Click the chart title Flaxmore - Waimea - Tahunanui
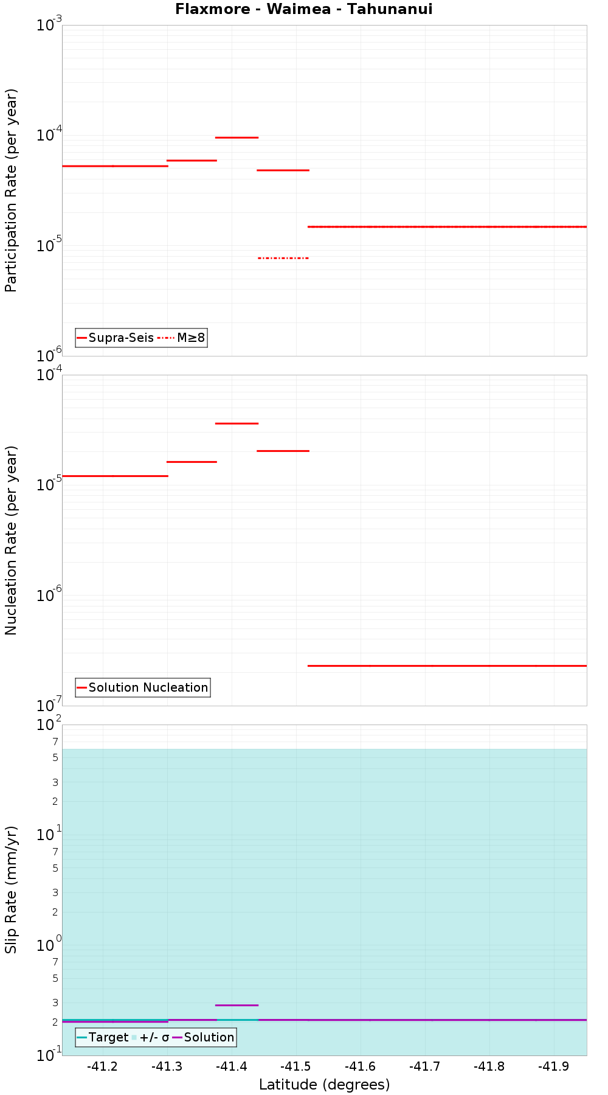(303, 9)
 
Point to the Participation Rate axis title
(11, 190)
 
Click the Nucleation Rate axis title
(11, 540)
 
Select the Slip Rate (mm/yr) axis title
(11, 889)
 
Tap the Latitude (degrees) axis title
(324, 1085)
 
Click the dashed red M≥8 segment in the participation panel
(283, 258)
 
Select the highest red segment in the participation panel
(237, 137)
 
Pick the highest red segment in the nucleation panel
(237, 423)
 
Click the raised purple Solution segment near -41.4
(237, 1005)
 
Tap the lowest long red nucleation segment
(447, 666)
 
